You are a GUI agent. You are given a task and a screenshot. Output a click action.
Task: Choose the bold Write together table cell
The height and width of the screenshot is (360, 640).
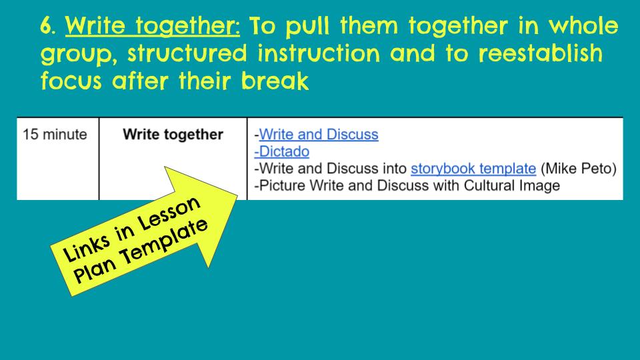[173, 135]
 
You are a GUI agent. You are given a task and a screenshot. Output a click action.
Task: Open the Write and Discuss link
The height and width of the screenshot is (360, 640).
[318, 135]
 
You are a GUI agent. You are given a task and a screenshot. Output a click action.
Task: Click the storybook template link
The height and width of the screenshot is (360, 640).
[473, 168]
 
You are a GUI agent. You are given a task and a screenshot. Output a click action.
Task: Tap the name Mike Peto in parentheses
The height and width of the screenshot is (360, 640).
[578, 168]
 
